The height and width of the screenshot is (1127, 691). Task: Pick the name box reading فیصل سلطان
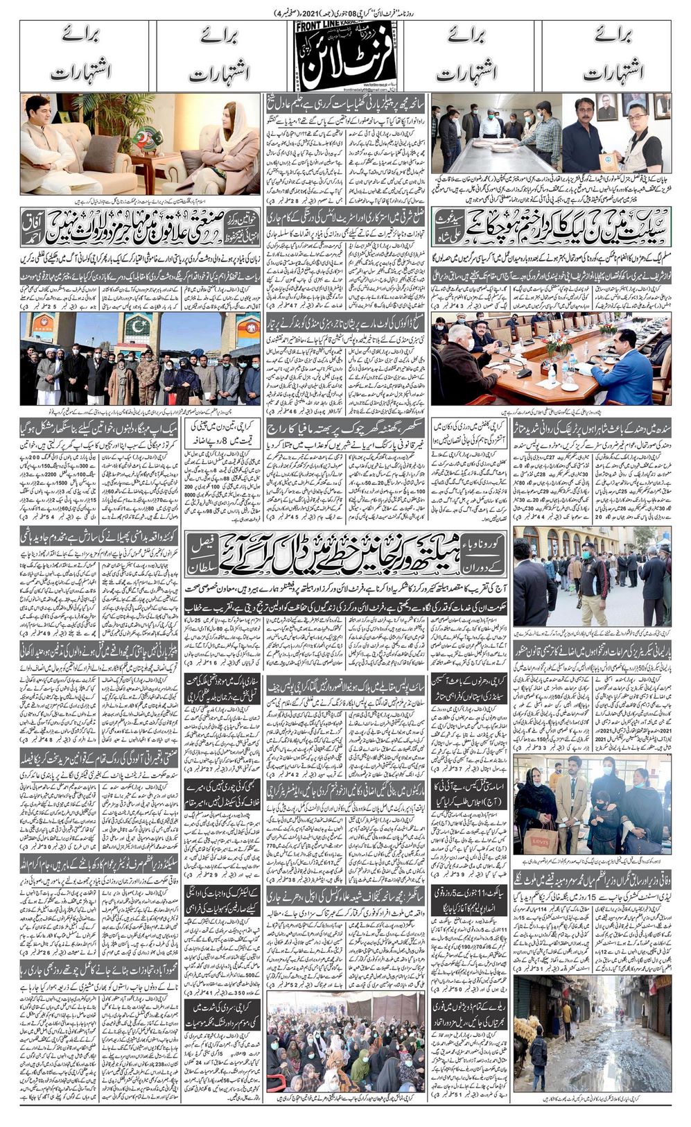(487, 560)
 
